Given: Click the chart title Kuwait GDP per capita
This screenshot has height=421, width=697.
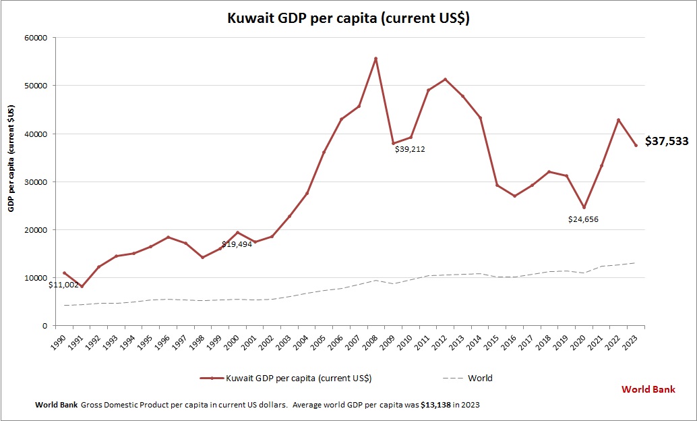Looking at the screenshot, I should coord(348,19).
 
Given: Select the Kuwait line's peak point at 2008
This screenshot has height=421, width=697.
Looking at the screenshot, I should coord(375,59).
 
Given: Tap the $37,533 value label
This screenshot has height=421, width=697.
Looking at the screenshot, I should coord(667,142).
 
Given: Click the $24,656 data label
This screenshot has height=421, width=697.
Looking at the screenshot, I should coord(583,219).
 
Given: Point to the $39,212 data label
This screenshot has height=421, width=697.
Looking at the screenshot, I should coord(410,148).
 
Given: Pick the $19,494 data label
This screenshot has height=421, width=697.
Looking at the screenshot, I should coord(237,244).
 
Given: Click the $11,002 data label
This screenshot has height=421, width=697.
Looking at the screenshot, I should coord(63,285).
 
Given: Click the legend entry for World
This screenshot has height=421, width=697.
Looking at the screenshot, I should coord(479,378).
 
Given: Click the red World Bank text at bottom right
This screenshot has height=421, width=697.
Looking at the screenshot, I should coord(648,389).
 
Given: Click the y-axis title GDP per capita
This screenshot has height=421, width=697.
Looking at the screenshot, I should coord(11,159).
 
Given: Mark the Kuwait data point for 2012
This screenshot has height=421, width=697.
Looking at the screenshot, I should coord(445,80).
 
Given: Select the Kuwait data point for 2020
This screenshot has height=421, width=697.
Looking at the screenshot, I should coord(584,207).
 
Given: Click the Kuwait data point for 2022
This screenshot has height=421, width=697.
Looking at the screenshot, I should coord(618,120).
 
